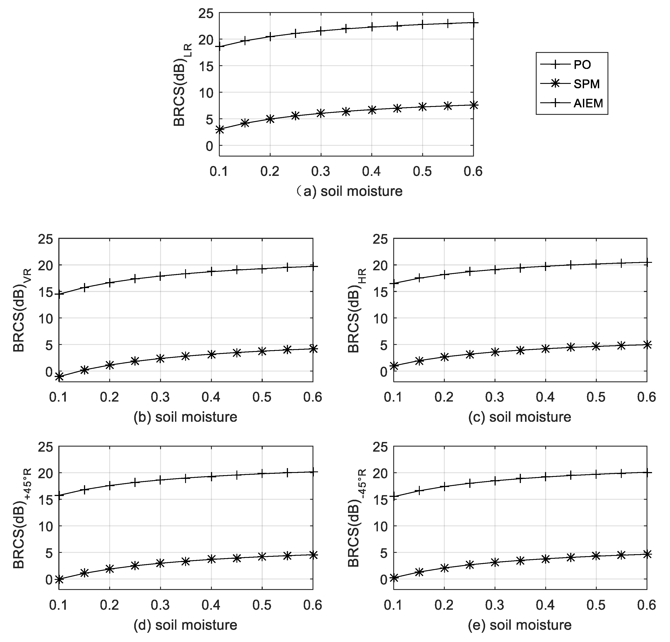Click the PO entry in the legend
[582, 65]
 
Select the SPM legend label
[587, 84]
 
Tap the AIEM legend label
[588, 103]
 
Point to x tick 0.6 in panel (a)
[473, 171]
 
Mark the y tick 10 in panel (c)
[381, 319]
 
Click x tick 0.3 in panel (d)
[160, 605]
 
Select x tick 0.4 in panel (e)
[546, 605]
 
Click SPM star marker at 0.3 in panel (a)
[321, 113]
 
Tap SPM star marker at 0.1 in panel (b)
[59, 376]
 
